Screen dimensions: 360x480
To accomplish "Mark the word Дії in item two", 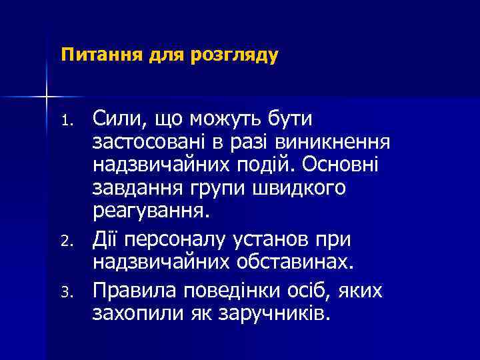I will point(108,238).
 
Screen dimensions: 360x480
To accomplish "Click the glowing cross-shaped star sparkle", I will point(47,97).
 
